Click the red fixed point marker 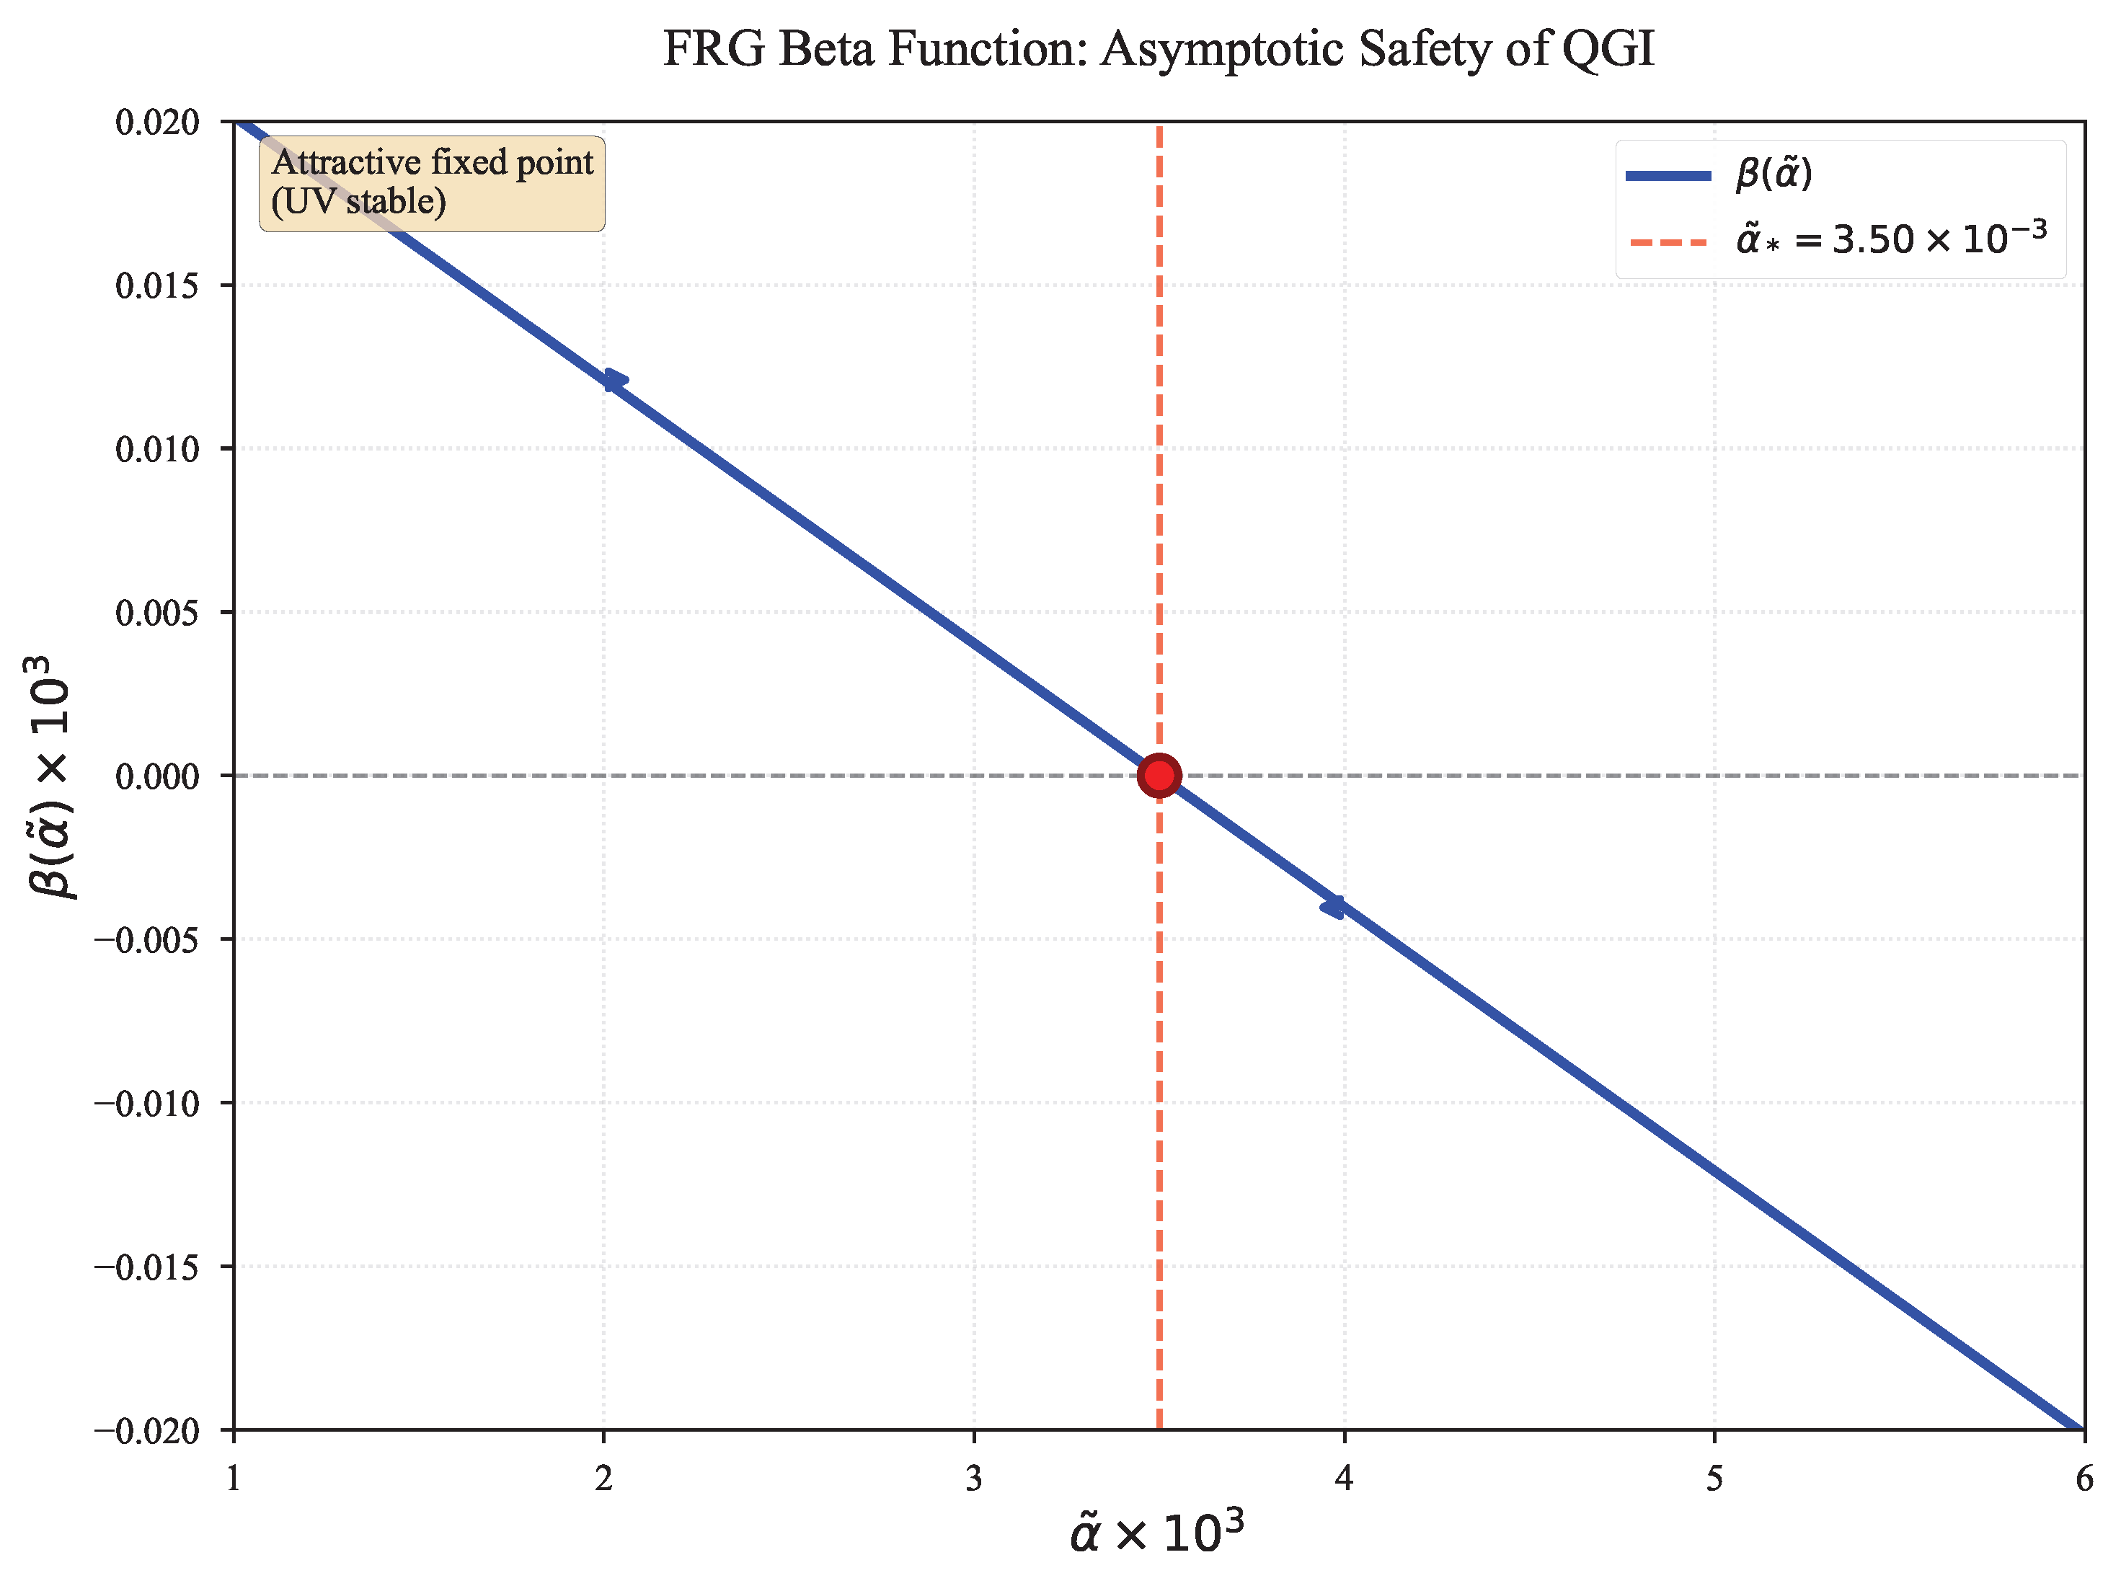pos(1159,775)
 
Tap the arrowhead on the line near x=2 pos(615,380)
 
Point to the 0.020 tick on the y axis pos(158,122)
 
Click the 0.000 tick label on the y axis pos(158,776)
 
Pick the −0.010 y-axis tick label pos(148,1104)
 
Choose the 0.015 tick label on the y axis pos(158,285)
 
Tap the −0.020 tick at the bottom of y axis pos(148,1430)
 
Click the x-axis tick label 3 pos(973,1479)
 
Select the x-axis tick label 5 pos(1714,1479)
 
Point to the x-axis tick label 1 pos(234,1479)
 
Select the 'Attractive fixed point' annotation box pos(432,183)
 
